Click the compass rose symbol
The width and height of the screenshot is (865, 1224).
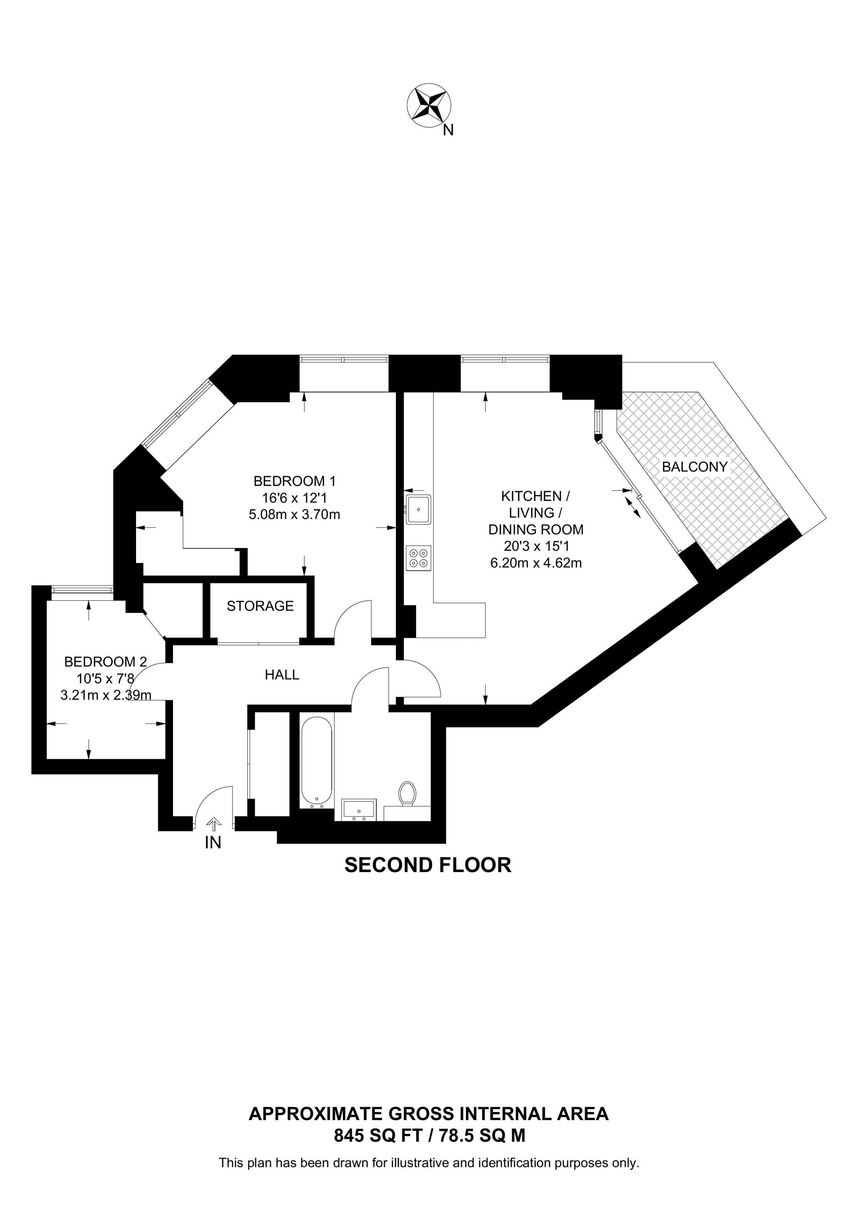(x=429, y=105)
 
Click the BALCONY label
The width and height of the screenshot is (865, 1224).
(x=694, y=467)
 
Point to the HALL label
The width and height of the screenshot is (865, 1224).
(x=282, y=675)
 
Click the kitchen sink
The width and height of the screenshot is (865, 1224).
(x=418, y=509)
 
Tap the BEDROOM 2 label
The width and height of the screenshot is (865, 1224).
(x=105, y=662)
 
